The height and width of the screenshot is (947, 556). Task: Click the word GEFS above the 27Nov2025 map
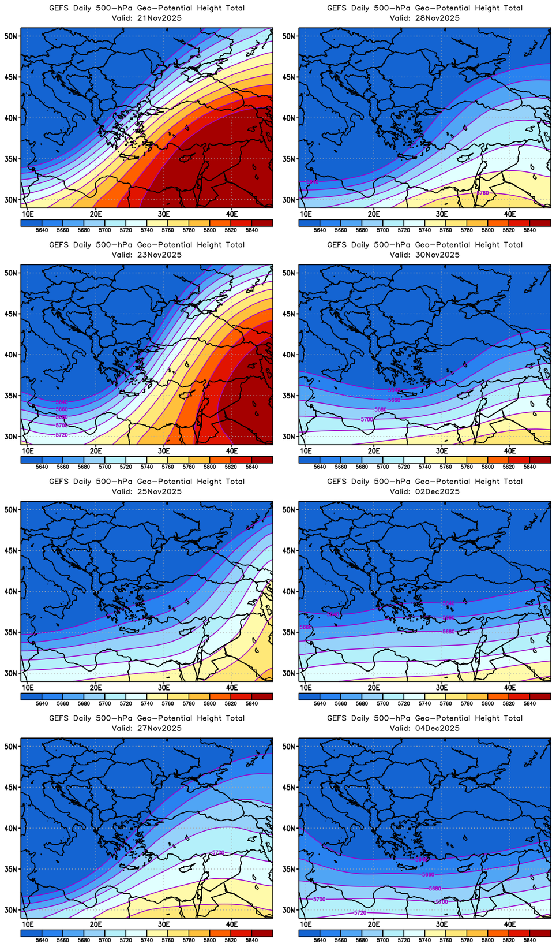point(59,718)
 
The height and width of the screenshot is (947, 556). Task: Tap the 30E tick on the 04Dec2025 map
point(442,924)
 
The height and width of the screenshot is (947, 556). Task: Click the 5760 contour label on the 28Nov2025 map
point(483,193)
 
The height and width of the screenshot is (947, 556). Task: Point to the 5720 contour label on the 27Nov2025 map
point(218,852)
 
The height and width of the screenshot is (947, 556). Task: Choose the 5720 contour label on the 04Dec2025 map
point(360,913)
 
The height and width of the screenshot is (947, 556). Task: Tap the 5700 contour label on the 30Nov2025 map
point(367,419)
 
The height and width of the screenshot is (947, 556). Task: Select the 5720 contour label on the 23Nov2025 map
point(62,435)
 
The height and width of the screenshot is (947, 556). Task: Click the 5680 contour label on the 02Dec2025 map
point(449,632)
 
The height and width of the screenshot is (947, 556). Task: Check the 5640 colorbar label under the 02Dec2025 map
point(320,703)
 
